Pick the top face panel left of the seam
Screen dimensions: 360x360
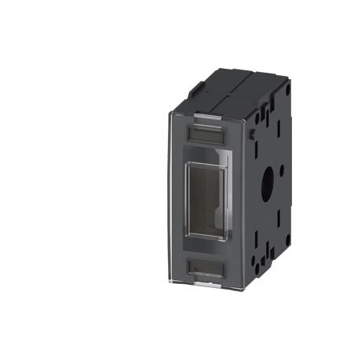tap(216, 88)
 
